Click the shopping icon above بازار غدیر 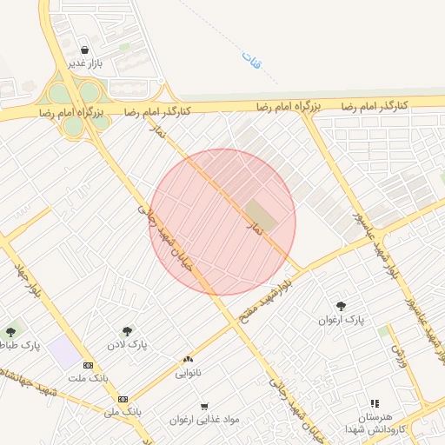[85, 50]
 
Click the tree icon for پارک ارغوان [341, 306]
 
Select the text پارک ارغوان [341, 320]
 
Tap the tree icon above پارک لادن [128, 330]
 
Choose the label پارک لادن [128, 344]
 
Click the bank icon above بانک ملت [88, 365]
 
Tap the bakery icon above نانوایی [187, 359]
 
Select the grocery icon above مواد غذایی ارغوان [204, 406]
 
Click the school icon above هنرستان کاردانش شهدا [375, 404]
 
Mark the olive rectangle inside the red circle [259, 215]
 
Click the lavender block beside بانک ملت [62, 353]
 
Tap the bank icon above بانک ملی [123, 398]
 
